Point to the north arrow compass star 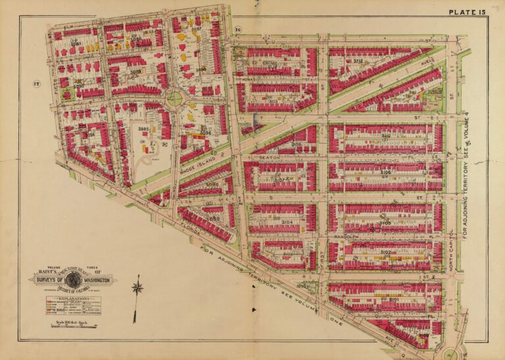pos(137,288)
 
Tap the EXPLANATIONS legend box pos(72,305)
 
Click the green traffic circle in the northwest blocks pos(175,99)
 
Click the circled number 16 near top pos(238,30)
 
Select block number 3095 pos(144,129)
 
